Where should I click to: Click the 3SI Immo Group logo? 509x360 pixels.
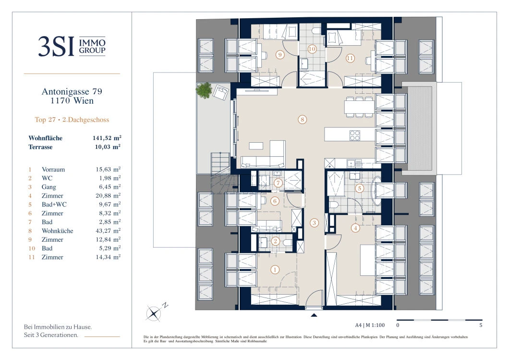pos(72,46)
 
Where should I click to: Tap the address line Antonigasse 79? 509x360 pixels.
pos(72,91)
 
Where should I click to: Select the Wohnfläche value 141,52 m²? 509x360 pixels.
pos(106,138)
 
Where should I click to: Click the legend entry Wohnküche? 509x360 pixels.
pos(58,231)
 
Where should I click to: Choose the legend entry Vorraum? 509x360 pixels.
pos(53,170)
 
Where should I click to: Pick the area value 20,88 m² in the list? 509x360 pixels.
pos(108,196)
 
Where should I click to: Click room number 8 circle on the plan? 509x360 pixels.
pos(302,120)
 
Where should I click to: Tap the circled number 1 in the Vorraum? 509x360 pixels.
pos(275,270)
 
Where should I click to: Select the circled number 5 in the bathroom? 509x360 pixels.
pos(359,189)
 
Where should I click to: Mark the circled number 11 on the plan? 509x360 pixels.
pos(350,59)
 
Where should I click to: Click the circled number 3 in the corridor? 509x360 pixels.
pos(314,223)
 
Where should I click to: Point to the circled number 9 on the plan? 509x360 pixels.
pos(280,55)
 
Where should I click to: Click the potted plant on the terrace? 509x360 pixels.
pos(205,90)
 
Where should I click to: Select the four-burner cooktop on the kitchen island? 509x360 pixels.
pos(355,136)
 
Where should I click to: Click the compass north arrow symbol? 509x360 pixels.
pos(154,313)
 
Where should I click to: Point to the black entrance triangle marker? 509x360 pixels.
pos(314,315)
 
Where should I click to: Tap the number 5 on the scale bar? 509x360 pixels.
pos(481,325)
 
